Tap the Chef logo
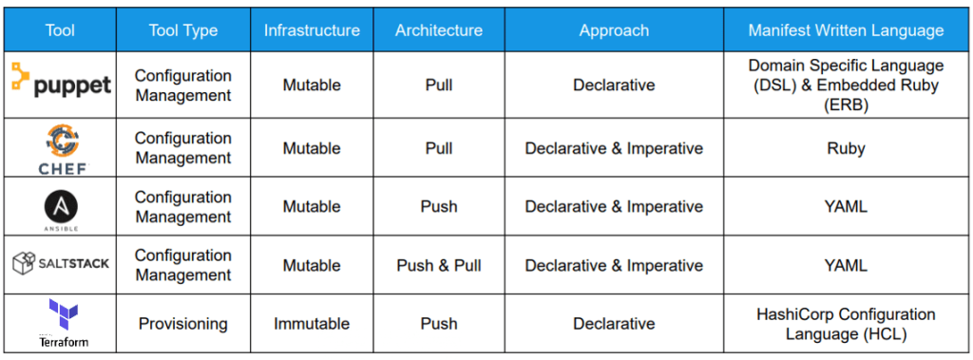[61, 147]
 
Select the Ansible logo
[61, 206]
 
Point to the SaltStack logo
[61, 263]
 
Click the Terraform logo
[61, 322]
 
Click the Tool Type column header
[182, 30]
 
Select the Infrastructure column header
[312, 30]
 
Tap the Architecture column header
[439, 30]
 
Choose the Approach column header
[614, 30]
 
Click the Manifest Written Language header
[846, 30]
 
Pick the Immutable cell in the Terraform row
[312, 323]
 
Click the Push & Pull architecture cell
[439, 265]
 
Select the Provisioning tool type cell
[182, 323]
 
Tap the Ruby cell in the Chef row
[846, 148]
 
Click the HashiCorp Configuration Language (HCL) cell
[846, 323]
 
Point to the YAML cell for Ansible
[846, 206]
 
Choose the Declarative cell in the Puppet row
[614, 85]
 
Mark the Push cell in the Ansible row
[439, 206]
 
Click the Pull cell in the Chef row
[439, 148]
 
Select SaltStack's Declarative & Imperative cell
[614, 265]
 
